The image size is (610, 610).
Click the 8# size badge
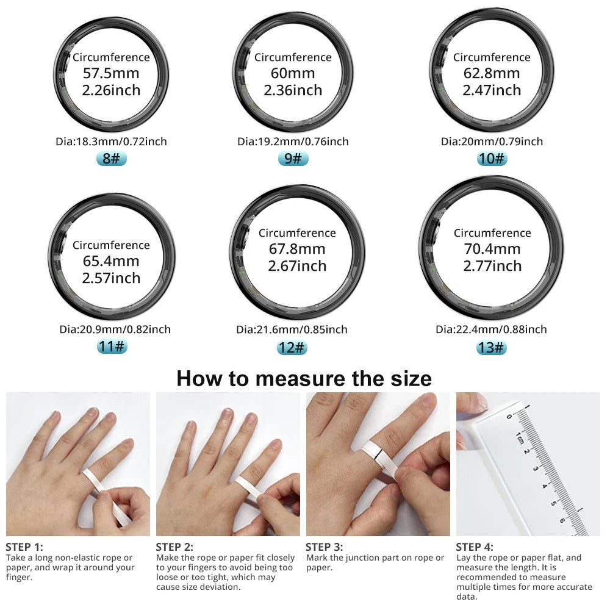click(x=111, y=159)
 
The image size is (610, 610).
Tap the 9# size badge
click(x=293, y=159)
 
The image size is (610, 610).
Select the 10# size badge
click(x=492, y=159)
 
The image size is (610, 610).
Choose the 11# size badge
click(x=111, y=346)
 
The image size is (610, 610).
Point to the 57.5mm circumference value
click(x=111, y=74)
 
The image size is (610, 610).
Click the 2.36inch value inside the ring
click(x=293, y=90)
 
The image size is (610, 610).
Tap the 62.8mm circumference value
click(x=492, y=74)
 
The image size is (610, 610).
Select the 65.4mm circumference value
click(x=111, y=262)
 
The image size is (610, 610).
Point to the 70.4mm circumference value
click(x=492, y=249)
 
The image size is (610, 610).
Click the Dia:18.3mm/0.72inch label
click(x=111, y=142)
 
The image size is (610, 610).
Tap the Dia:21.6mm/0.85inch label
click(x=292, y=329)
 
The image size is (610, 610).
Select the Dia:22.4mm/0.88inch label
click(x=492, y=329)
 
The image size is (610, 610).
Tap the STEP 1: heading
click(x=24, y=547)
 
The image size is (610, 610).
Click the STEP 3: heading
click(x=325, y=547)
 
